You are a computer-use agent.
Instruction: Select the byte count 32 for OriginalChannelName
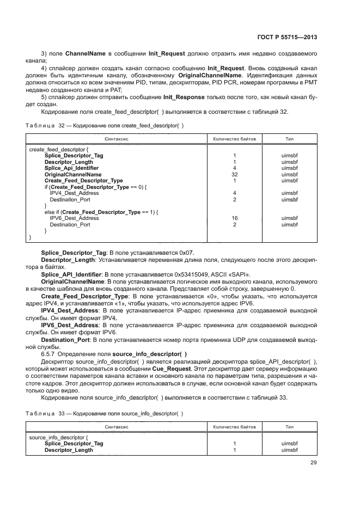point(234,175)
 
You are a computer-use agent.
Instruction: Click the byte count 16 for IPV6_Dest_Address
point(234,218)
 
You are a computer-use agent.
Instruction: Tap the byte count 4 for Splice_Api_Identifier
point(234,168)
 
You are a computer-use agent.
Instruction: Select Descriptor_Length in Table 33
point(69,450)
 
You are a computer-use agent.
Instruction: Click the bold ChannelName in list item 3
point(87,54)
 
